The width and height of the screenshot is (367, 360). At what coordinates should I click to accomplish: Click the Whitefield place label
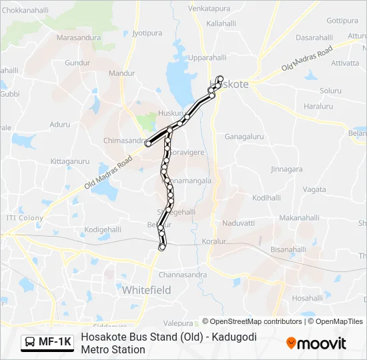point(146,290)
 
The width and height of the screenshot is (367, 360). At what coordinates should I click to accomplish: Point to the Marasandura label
point(78,38)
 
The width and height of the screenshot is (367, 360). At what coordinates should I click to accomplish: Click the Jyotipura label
point(147,32)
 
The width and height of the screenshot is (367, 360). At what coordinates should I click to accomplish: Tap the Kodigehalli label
point(102,229)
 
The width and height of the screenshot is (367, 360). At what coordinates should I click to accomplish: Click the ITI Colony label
point(25,218)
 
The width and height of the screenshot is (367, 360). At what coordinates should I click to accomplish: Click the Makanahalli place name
point(300,217)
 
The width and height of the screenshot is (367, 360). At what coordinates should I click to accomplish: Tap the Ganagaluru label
point(244,137)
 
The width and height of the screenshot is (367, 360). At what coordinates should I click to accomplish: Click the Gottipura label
point(343,21)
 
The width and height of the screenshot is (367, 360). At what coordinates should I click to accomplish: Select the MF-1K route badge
point(47,342)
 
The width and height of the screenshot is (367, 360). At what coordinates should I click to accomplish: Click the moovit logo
point(316,343)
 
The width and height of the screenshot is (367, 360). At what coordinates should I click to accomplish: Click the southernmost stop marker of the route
point(161,248)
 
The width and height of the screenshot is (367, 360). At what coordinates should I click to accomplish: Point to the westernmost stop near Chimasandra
point(147,143)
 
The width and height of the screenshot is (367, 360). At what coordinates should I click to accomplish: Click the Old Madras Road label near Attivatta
point(307,59)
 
